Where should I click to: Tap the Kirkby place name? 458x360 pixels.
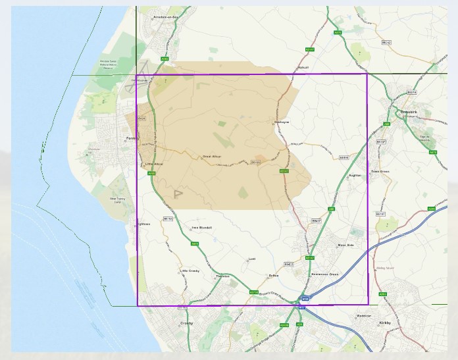point(385,322)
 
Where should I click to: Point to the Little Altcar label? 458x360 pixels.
point(153,163)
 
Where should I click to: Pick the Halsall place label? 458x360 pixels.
point(303,67)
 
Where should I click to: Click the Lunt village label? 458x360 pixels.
point(251,259)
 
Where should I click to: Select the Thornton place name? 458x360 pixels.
point(223,276)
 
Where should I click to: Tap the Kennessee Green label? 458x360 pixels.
point(324,274)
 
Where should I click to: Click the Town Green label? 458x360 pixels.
point(380,171)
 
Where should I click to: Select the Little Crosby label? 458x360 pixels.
point(190,270)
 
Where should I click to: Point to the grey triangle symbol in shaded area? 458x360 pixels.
point(178,194)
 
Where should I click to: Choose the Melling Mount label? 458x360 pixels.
point(386,268)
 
